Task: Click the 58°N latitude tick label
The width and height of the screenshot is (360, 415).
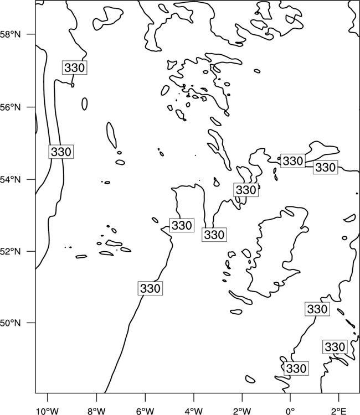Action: coord(11,34)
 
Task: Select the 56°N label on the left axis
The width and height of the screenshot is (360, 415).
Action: coord(11,107)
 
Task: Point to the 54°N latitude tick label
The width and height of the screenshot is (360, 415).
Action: coord(11,180)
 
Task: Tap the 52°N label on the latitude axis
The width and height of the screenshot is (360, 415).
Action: coord(11,251)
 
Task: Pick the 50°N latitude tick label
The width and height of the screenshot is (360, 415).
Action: coord(11,323)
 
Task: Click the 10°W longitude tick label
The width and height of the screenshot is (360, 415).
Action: coord(48,411)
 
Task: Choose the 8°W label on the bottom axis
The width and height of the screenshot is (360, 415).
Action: coord(96,411)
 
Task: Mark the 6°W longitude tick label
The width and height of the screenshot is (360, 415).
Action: coord(145,411)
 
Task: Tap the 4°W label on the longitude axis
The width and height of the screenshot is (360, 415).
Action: coord(194,411)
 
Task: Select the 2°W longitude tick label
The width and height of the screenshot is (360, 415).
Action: coord(242,411)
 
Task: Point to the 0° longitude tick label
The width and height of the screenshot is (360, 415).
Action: coord(290,411)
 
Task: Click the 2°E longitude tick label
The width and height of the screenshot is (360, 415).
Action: coord(339,411)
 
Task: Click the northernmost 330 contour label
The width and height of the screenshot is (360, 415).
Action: coord(74,68)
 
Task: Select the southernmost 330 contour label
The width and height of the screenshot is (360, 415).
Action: coord(296,368)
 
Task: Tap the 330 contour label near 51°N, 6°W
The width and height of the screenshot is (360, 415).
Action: coord(150,288)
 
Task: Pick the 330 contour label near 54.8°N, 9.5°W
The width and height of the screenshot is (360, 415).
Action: coord(61,152)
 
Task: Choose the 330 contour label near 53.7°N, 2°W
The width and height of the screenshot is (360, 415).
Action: coord(246,190)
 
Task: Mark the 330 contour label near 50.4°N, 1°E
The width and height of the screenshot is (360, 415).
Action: coord(317,309)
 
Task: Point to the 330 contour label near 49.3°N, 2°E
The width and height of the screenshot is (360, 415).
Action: coord(335,347)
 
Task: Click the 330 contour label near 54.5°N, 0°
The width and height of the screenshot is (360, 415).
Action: coord(293,160)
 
